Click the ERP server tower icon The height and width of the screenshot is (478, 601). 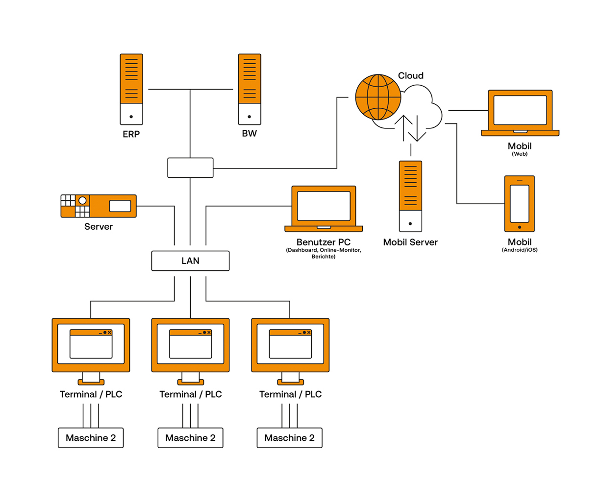pyautogui.click(x=131, y=89)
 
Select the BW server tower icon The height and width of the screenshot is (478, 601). pyautogui.click(x=249, y=89)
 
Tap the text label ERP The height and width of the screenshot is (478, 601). pyautogui.click(x=131, y=134)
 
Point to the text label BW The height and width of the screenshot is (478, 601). pyautogui.click(x=249, y=134)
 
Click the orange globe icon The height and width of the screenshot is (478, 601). pyautogui.click(x=378, y=97)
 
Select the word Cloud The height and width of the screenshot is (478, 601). pyautogui.click(x=410, y=75)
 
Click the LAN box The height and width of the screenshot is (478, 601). pyautogui.click(x=190, y=261)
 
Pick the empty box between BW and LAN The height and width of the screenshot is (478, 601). pyautogui.click(x=190, y=167)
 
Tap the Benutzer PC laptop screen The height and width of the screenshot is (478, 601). pyautogui.click(x=324, y=206)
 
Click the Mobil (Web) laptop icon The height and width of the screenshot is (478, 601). pyautogui.click(x=520, y=113)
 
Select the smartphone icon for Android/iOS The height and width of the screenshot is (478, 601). pyautogui.click(x=520, y=203)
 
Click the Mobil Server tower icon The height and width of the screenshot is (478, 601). pyautogui.click(x=410, y=196)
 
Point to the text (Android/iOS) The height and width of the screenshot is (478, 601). pyautogui.click(x=520, y=250)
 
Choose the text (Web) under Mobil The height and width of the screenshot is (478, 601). pyautogui.click(x=520, y=154)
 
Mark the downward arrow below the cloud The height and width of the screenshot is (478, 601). pyautogui.click(x=417, y=128)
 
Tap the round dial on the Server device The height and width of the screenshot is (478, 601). pyautogui.click(x=82, y=200)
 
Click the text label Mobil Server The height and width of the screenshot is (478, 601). pyautogui.click(x=410, y=242)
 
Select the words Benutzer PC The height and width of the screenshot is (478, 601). pyautogui.click(x=324, y=242)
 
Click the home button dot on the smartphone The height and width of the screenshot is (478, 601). pyautogui.click(x=520, y=227)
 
